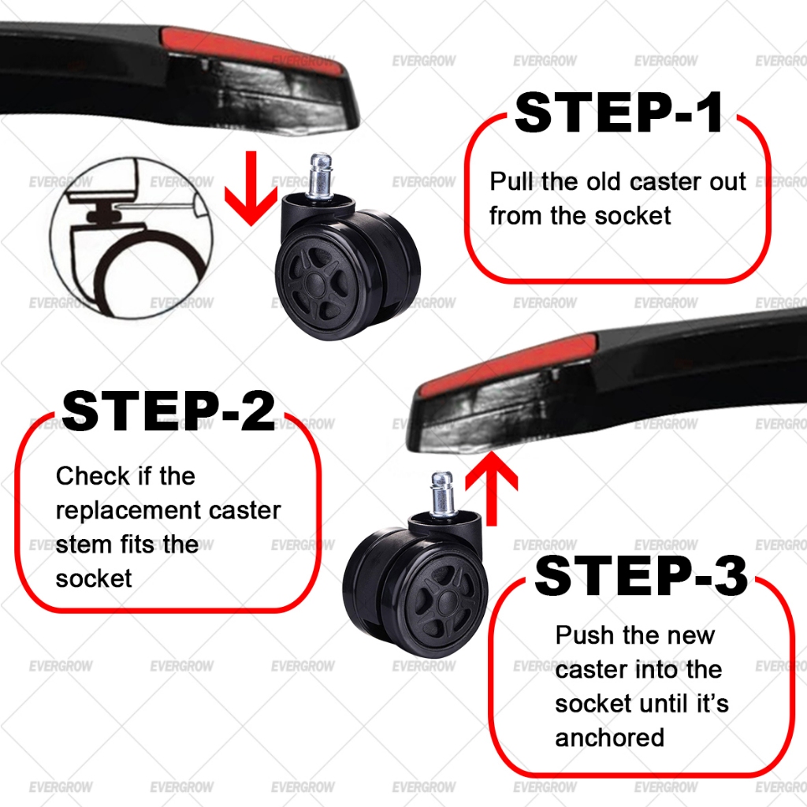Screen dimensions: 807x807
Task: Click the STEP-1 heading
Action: coord(618,113)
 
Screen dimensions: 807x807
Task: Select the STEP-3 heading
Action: coord(641,576)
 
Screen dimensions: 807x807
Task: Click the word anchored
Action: coord(609,738)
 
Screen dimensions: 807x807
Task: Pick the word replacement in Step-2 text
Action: coord(128,510)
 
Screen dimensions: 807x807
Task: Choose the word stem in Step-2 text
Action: coord(80,544)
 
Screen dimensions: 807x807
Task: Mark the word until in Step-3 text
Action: coord(659,704)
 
